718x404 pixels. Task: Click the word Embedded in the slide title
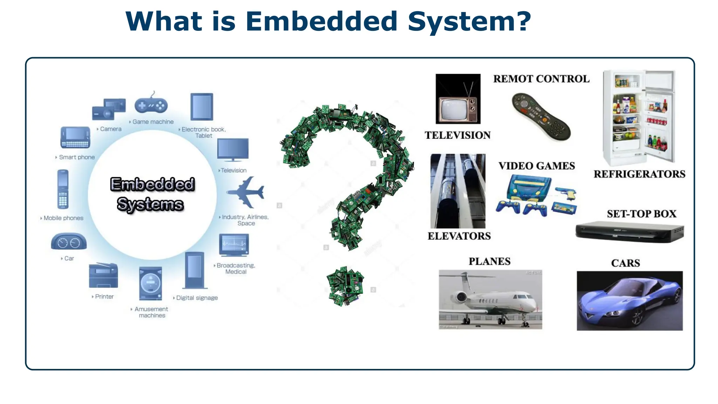(x=321, y=22)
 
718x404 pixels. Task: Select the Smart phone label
(x=76, y=157)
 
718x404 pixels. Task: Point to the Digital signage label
(x=197, y=298)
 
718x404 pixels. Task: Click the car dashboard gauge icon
(x=69, y=242)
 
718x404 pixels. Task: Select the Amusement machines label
(x=151, y=312)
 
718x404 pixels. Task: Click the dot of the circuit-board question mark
(x=345, y=286)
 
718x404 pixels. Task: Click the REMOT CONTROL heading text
(x=541, y=79)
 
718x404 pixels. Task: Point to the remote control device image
(x=541, y=117)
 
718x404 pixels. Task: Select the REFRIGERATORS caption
(x=639, y=174)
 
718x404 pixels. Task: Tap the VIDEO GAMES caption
(x=536, y=166)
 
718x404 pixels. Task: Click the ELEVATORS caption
(x=459, y=236)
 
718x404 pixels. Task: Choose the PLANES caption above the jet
(x=489, y=261)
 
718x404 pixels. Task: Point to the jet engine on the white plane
(x=461, y=297)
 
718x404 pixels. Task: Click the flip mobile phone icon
(x=63, y=189)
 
